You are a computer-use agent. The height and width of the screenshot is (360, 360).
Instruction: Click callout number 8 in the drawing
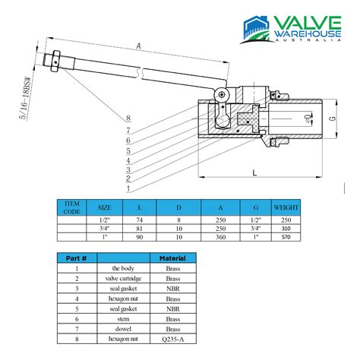point(128,118)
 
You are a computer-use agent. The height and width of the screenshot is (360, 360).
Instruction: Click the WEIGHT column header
point(286,207)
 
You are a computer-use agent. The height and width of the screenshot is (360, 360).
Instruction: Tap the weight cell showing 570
point(286,236)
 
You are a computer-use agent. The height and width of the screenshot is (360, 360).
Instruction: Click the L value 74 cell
point(139,219)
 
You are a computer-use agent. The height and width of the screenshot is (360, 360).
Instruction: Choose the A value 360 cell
point(220,236)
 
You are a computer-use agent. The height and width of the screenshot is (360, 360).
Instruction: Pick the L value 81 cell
point(139,228)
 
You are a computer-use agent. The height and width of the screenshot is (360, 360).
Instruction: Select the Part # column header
point(76,259)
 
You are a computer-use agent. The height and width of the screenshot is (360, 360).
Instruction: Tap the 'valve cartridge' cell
point(122,278)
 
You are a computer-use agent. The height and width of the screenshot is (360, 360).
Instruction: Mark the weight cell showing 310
point(286,228)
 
